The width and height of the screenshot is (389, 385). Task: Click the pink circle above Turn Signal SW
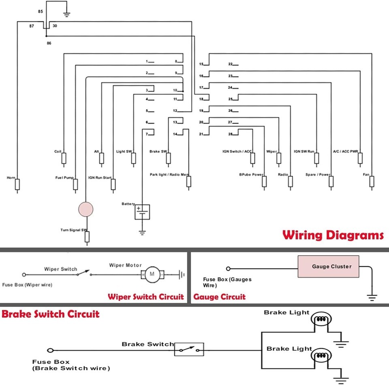86,209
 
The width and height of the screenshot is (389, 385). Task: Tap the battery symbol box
142,212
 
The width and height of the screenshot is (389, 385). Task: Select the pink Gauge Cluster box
328,266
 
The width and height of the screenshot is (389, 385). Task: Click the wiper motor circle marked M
152,274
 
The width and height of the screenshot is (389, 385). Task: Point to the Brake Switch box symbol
189,349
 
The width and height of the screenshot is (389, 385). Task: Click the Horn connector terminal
17,184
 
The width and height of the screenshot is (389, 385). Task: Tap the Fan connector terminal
372,182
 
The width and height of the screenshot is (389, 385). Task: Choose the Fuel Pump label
64,178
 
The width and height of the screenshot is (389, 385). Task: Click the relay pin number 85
41,11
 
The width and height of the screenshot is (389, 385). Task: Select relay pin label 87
32,26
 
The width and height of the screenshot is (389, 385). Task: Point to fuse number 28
231,134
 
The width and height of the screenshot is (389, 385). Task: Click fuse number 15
201,64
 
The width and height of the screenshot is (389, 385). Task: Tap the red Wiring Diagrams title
333,235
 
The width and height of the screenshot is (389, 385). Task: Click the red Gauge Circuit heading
219,297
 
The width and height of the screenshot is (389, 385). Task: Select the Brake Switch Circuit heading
50,314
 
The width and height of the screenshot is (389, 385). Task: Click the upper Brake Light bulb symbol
321,319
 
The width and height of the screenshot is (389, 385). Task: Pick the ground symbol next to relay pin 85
66,15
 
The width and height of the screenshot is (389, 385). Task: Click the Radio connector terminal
290,182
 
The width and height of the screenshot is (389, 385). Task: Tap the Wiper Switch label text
60,269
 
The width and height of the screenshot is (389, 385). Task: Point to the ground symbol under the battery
142,233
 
